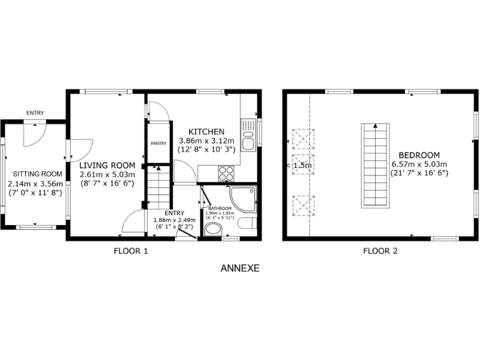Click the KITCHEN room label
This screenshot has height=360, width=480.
206,132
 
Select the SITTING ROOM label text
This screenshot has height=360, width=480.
35,174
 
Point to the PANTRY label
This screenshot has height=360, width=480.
158,143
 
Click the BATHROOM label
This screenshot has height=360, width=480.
220,208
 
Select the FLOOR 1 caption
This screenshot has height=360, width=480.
131,252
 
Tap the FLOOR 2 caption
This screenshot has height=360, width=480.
381,252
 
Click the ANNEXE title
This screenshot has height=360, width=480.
239,269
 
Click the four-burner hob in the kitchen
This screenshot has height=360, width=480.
226,173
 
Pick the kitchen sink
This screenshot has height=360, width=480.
248,135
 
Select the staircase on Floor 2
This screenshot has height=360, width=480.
374,166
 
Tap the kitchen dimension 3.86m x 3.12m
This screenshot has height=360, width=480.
206,141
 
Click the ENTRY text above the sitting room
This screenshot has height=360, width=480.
35,112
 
